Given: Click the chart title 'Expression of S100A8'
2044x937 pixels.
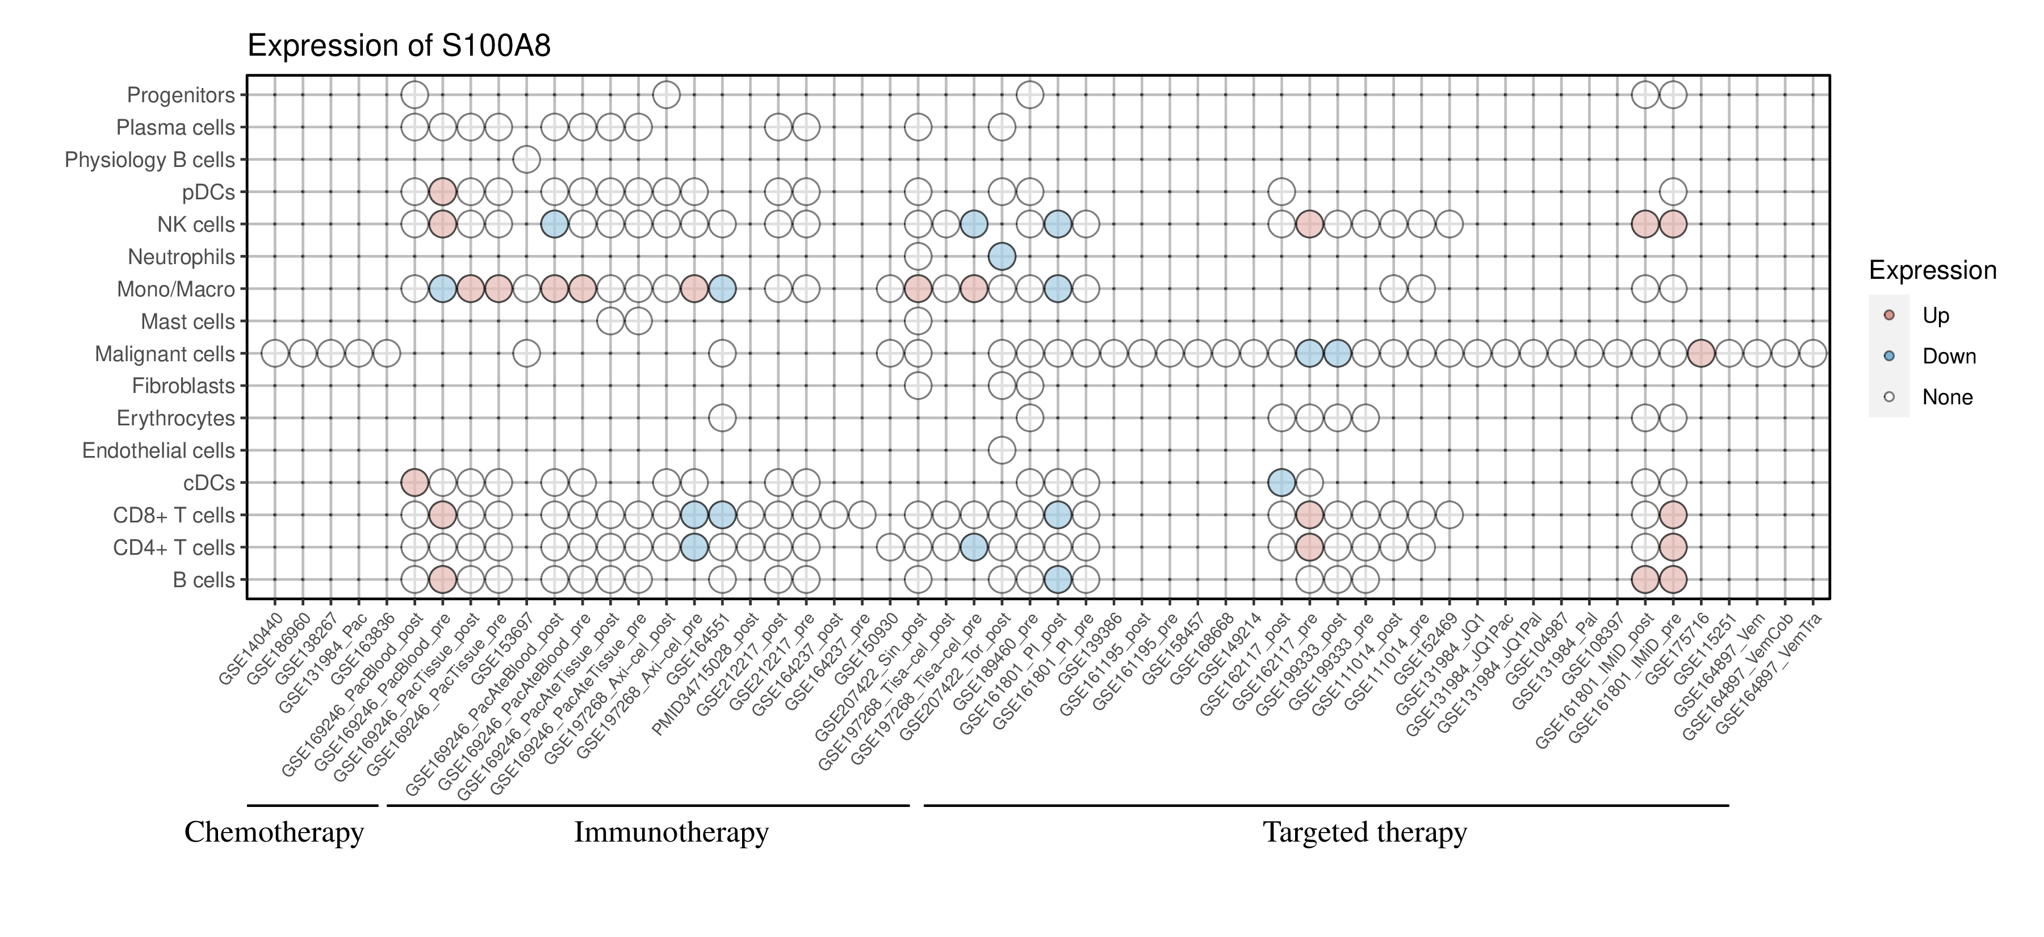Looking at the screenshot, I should point(399,46).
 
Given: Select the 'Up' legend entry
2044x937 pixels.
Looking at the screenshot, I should point(1936,316).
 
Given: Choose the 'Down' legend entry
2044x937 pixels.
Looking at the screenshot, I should point(1948,356).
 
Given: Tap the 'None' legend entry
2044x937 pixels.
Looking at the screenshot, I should point(1946,398).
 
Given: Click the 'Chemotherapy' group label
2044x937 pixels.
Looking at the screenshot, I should point(274,833).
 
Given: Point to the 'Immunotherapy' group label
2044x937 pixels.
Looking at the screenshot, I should point(671,833).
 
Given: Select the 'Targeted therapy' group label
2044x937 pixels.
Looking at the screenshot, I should point(1365,833).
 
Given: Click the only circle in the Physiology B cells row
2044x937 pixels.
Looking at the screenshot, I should point(526,160).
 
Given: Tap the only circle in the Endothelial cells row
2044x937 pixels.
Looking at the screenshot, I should point(1002,451).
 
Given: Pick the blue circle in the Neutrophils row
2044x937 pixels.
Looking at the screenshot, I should point(1002,256).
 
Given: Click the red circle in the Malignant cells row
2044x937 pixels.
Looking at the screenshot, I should point(1700,353).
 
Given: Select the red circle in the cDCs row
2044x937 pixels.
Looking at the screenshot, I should point(414,482).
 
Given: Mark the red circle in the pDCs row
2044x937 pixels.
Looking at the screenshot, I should point(442,191).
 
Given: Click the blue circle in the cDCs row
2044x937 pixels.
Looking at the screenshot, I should point(1281,482).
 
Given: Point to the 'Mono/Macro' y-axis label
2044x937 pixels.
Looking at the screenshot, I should point(175,290).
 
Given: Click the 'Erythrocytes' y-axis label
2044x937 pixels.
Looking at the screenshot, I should point(175,418).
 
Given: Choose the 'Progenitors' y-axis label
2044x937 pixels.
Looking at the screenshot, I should point(181,95).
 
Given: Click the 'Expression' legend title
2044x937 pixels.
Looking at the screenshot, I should point(1932,270).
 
